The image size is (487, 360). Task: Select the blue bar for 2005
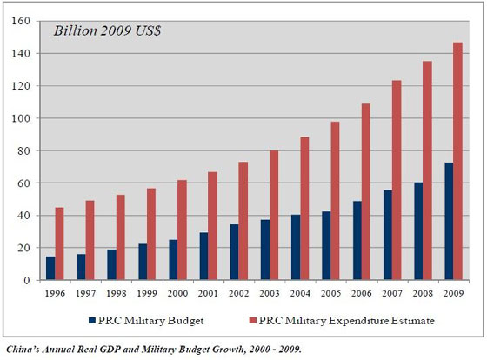(x=324, y=245)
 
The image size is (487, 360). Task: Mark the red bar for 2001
(x=211, y=226)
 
